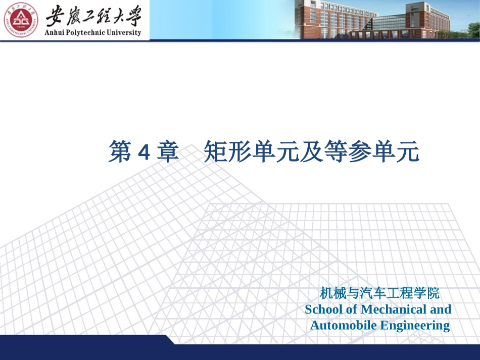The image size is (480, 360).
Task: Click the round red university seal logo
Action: click(x=21, y=20)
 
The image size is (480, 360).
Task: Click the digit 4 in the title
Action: click(x=143, y=152)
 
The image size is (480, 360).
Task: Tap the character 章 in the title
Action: click(x=167, y=152)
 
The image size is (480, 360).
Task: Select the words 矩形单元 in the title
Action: click(x=247, y=152)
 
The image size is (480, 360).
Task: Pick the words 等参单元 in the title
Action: click(x=377, y=152)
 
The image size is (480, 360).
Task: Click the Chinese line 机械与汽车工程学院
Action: click(x=379, y=293)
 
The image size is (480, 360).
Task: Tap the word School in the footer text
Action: click(x=323, y=309)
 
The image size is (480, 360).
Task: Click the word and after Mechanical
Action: click(x=441, y=309)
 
